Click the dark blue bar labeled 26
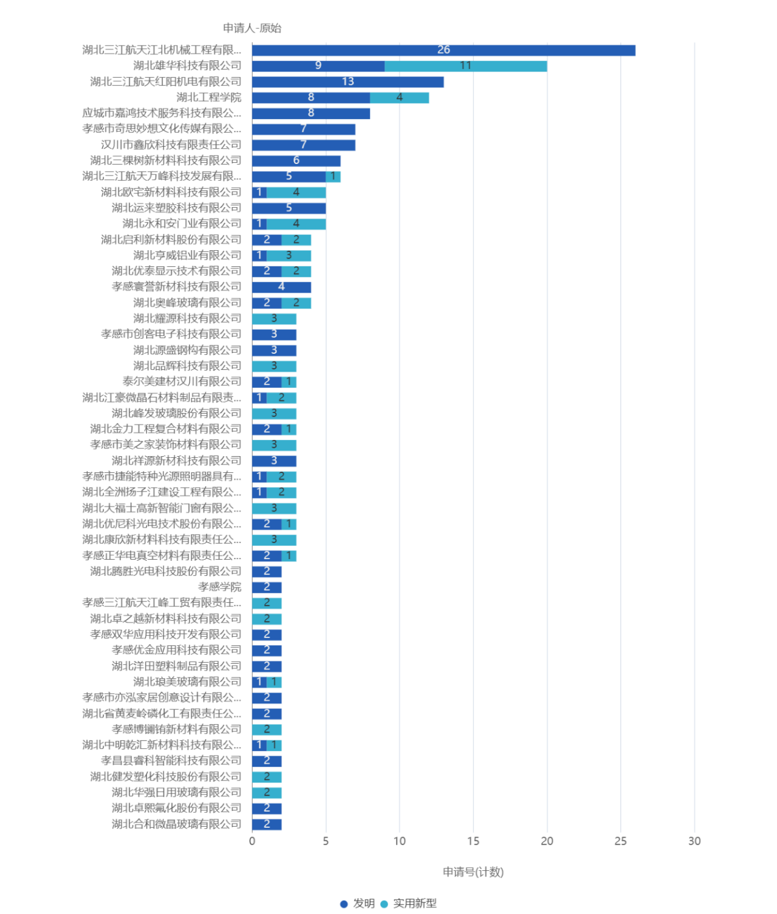443,50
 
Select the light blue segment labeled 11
465,66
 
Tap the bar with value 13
348,82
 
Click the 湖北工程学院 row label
208,98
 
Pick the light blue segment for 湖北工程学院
400,98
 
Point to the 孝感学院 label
219,587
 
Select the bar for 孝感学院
267,587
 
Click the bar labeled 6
296,160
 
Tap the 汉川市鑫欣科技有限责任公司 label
171,145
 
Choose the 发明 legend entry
358,904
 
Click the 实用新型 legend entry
409,904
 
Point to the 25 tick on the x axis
621,841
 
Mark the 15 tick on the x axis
473,841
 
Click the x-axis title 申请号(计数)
473,872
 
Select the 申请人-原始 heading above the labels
252,28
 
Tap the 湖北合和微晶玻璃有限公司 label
176,824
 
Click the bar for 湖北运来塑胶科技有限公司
288,208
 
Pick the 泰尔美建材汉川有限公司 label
182,382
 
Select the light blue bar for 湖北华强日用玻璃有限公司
267,792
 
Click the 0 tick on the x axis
252,841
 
